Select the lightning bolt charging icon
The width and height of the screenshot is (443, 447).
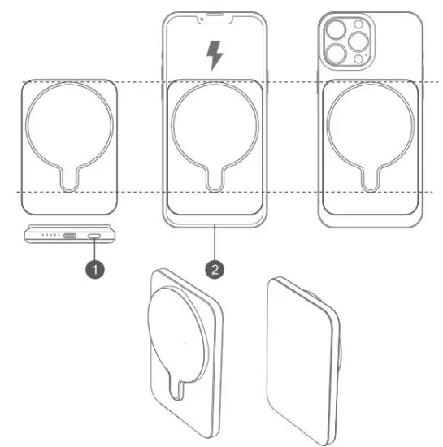[214, 56]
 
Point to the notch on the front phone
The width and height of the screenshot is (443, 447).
[215, 16]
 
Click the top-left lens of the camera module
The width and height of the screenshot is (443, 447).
[335, 32]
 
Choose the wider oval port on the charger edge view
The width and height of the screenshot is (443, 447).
[71, 237]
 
